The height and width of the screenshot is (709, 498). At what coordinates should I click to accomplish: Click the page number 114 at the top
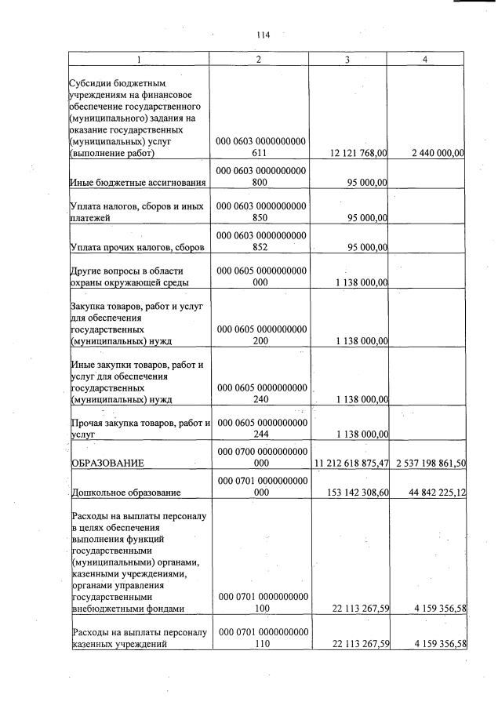pyautogui.click(x=263, y=35)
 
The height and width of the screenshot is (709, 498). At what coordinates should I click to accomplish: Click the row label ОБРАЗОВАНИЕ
pyautogui.click(x=107, y=463)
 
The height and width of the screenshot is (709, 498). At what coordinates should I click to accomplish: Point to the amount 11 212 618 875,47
pyautogui.click(x=351, y=463)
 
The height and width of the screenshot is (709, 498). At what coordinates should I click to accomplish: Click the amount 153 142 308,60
pyautogui.click(x=351, y=493)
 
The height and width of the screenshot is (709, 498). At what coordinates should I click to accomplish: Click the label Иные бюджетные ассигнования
pyautogui.click(x=138, y=183)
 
